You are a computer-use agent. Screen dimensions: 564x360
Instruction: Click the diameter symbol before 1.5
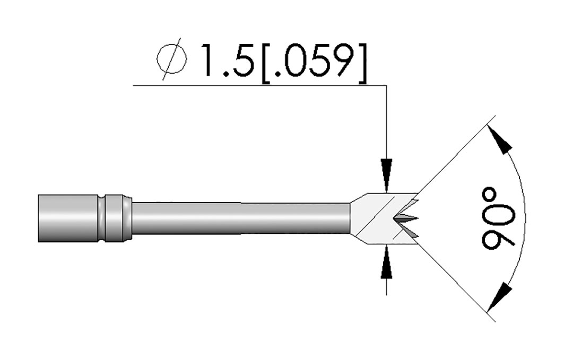pos(172,60)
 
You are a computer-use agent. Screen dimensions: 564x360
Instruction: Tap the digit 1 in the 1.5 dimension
pos(208,60)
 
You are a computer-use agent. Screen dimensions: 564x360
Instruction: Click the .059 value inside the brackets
pos(315,61)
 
